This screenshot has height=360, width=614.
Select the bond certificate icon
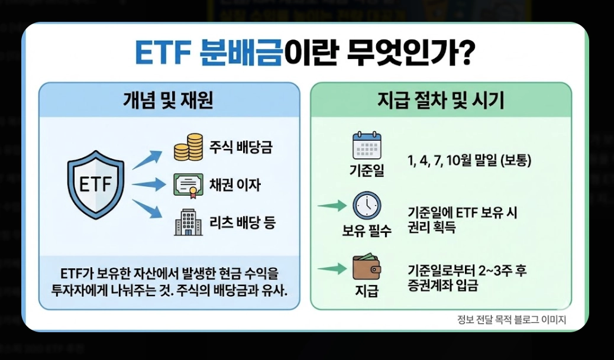(189, 185)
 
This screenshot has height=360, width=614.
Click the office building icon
(189, 223)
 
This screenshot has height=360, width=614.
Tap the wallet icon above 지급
(367, 267)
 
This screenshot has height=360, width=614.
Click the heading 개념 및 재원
(169, 100)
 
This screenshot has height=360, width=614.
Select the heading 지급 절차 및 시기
(441, 100)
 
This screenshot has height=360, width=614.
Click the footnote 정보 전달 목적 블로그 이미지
(512, 320)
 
